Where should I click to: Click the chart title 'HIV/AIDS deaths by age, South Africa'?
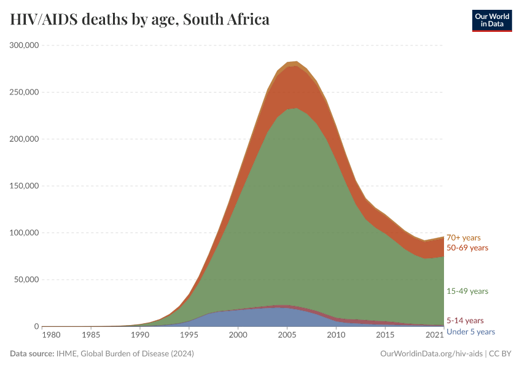pyautogui.click(x=139, y=20)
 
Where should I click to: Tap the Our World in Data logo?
pyautogui.click(x=491, y=20)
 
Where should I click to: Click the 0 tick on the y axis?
pyautogui.click(x=36, y=326)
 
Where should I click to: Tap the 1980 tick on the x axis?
pyautogui.click(x=51, y=335)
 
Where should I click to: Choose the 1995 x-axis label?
pyautogui.click(x=189, y=335)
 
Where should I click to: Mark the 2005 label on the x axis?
pyautogui.click(x=287, y=335)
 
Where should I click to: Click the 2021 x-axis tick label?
pyautogui.click(x=435, y=335)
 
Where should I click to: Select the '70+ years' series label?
pyautogui.click(x=463, y=237)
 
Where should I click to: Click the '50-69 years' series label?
pyautogui.click(x=467, y=248)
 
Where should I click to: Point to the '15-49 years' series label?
pyautogui.click(x=467, y=291)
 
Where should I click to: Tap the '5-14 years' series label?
pyautogui.click(x=465, y=320)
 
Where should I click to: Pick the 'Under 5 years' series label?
pyautogui.click(x=470, y=332)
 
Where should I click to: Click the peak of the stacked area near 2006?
pyautogui.click(x=297, y=62)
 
